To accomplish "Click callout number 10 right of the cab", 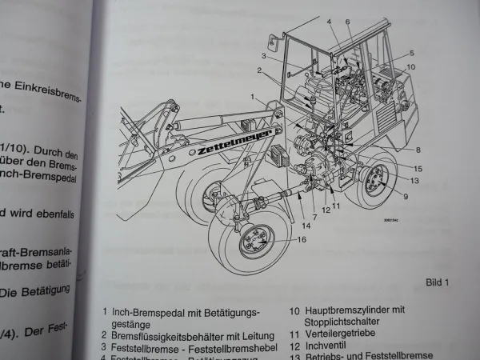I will pos(411,66).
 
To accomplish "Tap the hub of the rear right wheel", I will pos(373,180).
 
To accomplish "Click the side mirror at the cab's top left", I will pos(274,38).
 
